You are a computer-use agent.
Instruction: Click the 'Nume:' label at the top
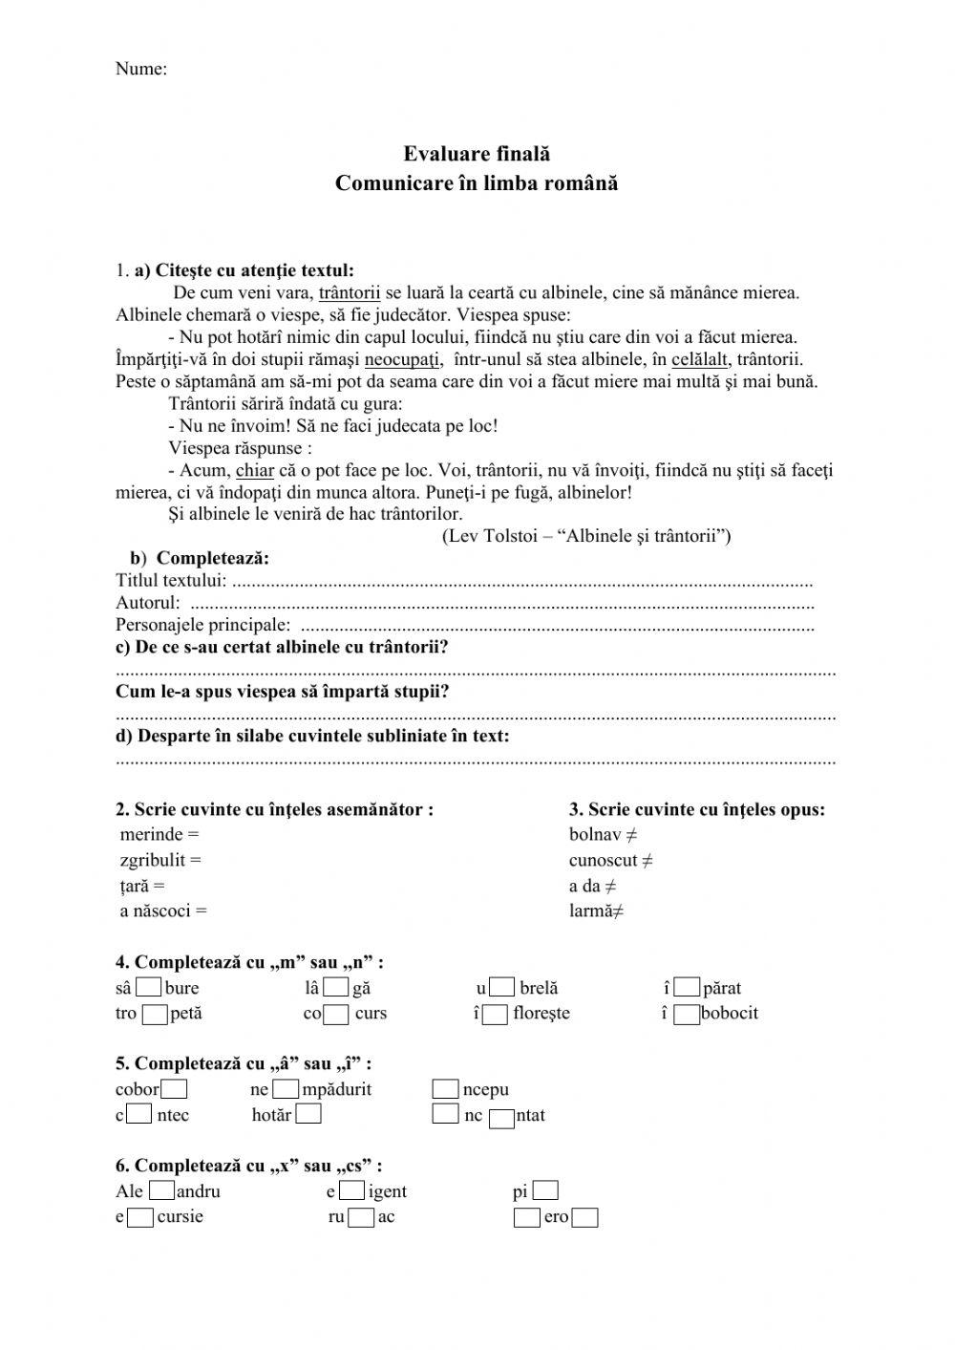(140, 69)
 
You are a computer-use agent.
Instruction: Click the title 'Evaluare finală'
(476, 154)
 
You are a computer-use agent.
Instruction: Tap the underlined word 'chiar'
(254, 470)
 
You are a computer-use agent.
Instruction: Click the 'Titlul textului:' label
(171, 581)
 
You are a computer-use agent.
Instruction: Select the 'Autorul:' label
(147, 603)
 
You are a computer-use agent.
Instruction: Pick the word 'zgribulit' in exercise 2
(153, 861)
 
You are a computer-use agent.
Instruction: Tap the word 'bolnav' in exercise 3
(594, 835)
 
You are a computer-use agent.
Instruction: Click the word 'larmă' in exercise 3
(589, 911)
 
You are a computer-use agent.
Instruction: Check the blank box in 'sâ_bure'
(148, 988)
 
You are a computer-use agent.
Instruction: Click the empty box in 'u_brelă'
(503, 988)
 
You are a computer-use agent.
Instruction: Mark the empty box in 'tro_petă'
(154, 1015)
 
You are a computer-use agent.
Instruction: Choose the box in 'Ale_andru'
(162, 1191)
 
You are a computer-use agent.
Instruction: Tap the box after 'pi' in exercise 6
(545, 1191)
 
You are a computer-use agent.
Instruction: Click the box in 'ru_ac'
(361, 1218)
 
